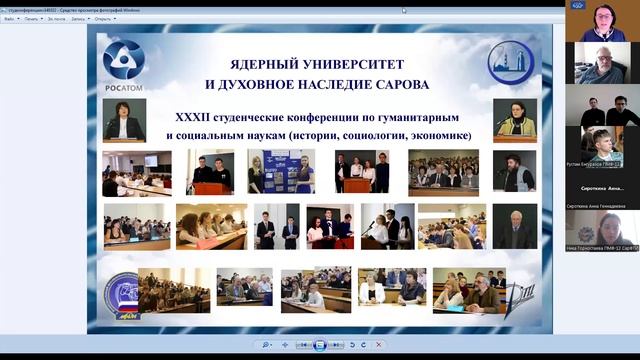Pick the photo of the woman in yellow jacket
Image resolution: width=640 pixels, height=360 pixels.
click(515, 119)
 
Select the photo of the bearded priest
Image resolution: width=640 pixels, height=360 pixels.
click(515, 172)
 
